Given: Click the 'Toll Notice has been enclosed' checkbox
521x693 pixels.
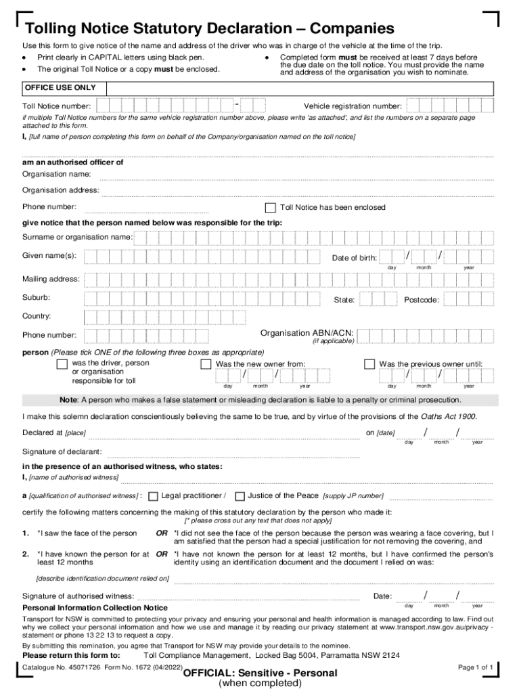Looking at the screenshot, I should pyautogui.click(x=271, y=208).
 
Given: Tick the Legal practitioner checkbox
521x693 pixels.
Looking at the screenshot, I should pyautogui.click(x=153, y=496).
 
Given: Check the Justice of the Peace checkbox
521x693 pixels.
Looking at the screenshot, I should pyautogui.click(x=240, y=496).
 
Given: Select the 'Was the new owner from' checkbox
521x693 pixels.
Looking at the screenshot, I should pyautogui.click(x=206, y=364).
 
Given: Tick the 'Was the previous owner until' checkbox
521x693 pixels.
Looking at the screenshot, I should pyautogui.click(x=369, y=364).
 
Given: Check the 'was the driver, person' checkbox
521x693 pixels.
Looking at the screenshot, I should pyautogui.click(x=62, y=364).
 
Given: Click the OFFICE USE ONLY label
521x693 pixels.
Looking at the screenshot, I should pyautogui.click(x=60, y=88).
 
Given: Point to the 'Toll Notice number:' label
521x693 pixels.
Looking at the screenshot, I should pyautogui.click(x=57, y=106).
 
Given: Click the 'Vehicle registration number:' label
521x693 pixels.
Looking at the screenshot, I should pyautogui.click(x=353, y=106).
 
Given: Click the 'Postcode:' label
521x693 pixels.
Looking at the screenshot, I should pyautogui.click(x=422, y=300).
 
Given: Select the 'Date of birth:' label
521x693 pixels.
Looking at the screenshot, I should pyautogui.click(x=355, y=258).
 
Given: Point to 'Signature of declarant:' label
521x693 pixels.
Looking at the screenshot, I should pyautogui.click(x=62, y=451).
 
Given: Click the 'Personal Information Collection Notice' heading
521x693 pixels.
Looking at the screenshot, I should pyautogui.click(x=95, y=608).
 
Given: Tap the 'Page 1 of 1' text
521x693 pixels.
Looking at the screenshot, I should pyautogui.click(x=476, y=667).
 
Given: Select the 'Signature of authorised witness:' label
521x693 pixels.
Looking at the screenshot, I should pyautogui.click(x=78, y=596).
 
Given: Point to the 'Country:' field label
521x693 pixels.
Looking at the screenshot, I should pyautogui.click(x=37, y=316).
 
